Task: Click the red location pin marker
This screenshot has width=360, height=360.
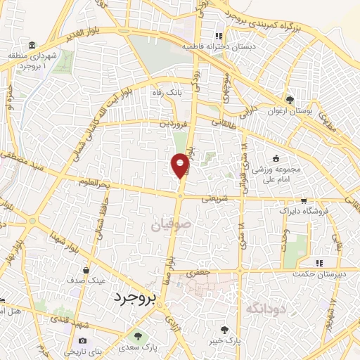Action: pyautogui.click(x=180, y=165)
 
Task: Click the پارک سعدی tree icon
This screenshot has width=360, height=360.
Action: pyautogui.click(x=138, y=336)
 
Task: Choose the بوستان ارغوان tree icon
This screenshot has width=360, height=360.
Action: pyautogui.click(x=290, y=99)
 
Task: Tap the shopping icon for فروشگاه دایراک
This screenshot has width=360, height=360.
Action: pyautogui.click(x=303, y=200)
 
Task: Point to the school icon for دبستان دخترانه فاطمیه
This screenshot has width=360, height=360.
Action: pyautogui.click(x=219, y=36)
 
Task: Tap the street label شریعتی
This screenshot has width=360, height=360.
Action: pyautogui.click(x=216, y=199)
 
